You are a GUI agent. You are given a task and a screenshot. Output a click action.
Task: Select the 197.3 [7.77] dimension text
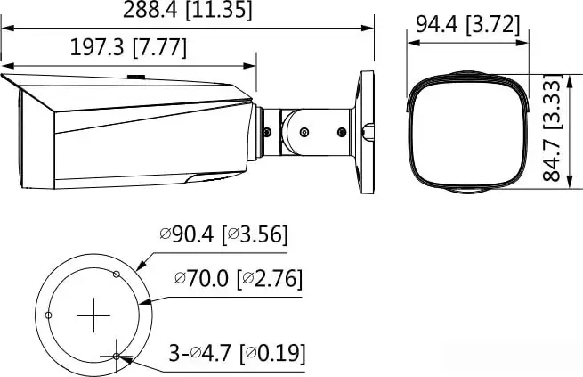coord(128,47)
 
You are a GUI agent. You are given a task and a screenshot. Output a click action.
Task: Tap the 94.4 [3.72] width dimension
coord(467,24)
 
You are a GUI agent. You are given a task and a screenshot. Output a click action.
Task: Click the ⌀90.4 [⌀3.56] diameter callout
coord(223,235)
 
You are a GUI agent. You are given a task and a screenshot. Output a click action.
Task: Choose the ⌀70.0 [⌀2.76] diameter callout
coord(238,279)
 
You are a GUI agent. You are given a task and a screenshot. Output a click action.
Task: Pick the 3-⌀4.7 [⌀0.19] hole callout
coord(238,354)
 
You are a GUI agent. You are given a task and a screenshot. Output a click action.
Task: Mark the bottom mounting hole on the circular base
coord(117,357)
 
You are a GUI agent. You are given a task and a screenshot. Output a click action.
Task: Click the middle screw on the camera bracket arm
coord(304,132)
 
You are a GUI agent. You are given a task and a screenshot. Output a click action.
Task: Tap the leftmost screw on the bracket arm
coord(267,132)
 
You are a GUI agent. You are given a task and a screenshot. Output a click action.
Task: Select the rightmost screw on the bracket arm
coord(341,132)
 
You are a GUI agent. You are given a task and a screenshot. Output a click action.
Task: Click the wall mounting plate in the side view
coord(366,132)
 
